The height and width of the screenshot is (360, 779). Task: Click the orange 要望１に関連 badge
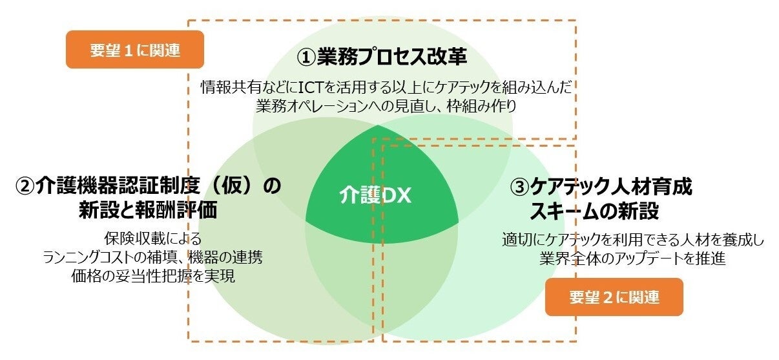(135, 50)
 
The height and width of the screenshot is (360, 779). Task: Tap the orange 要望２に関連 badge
(614, 297)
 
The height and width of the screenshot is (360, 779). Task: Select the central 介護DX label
(375, 196)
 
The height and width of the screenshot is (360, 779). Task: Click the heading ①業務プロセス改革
(382, 57)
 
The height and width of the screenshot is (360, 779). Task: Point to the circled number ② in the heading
(25, 187)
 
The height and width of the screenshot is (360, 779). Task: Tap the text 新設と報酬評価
(148, 210)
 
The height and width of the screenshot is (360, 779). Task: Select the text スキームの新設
(594, 211)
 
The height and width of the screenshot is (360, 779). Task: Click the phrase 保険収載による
(152, 238)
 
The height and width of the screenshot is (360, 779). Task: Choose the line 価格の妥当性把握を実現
(153, 276)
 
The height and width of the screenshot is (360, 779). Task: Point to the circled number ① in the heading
(305, 58)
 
